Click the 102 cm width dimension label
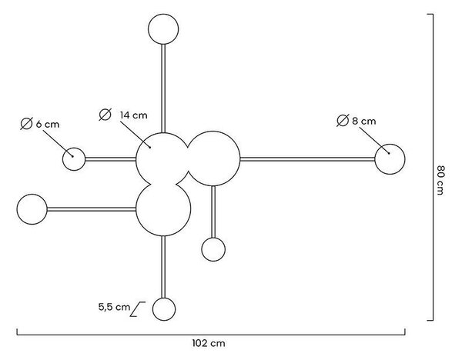209,343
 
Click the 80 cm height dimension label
440,180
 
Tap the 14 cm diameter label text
133,115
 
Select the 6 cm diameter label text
48,124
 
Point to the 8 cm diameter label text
364,121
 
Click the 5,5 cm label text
114,308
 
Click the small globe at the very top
163,29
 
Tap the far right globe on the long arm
390,159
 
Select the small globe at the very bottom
164,309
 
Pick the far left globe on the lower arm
32,209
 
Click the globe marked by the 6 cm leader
74,159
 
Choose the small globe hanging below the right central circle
213,250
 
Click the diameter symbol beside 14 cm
105,115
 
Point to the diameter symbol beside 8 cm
343,121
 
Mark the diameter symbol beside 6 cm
26,124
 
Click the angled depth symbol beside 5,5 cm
138,309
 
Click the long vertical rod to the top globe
163,88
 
